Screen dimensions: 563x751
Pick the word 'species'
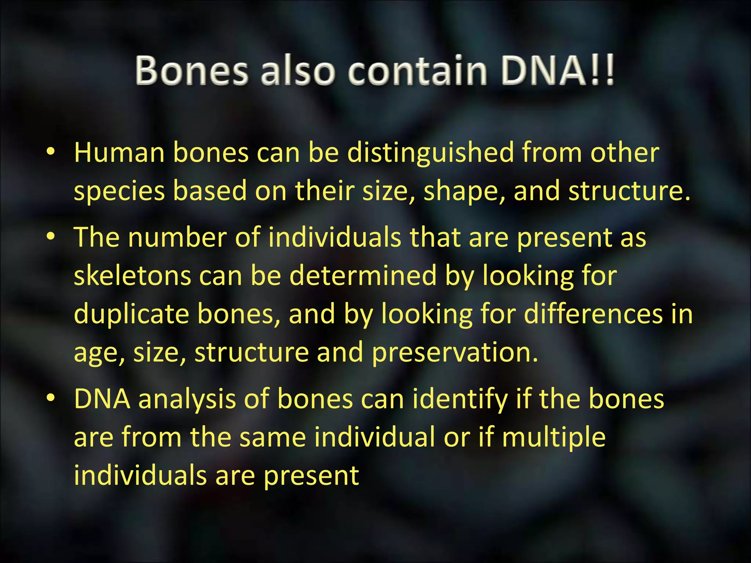pos(119,191)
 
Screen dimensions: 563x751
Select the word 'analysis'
pos(187,399)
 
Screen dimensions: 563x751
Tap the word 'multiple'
pos(553,438)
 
